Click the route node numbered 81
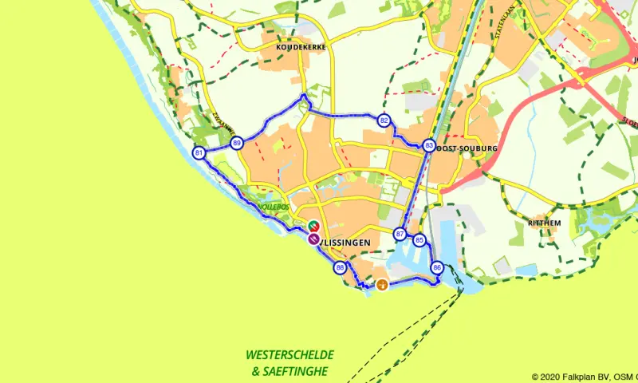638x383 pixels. (x=199, y=152)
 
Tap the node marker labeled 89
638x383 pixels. (x=237, y=143)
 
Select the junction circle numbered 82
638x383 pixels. (x=384, y=121)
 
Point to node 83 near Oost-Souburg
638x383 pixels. (x=429, y=145)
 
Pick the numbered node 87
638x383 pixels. (x=400, y=234)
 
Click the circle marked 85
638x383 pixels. (x=419, y=239)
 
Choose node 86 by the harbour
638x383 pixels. (x=436, y=267)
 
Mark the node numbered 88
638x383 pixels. (x=341, y=267)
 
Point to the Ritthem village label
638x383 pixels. (x=545, y=222)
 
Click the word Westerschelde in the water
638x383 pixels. (x=289, y=354)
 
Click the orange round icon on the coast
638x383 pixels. (x=382, y=285)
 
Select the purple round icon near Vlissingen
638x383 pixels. (x=314, y=238)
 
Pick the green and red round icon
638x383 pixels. (x=314, y=226)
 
